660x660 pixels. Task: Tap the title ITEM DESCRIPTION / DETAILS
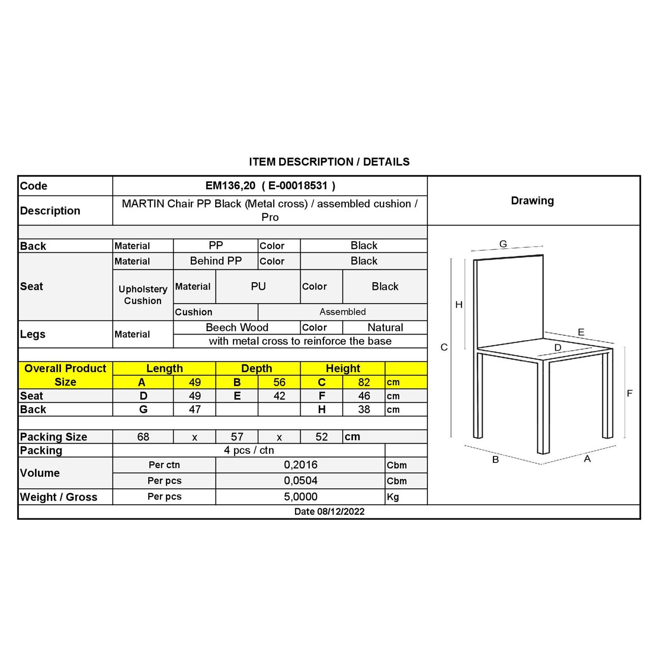click(x=329, y=162)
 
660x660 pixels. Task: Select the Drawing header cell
click(x=532, y=201)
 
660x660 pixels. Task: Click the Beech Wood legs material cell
click(x=237, y=327)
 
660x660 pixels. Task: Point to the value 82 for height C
click(x=364, y=382)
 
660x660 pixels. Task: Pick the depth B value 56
click(x=279, y=382)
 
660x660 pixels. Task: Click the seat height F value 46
click(x=364, y=396)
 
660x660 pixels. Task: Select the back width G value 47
click(x=194, y=410)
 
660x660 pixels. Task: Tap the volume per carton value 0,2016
click(x=301, y=465)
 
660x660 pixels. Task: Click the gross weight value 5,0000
click(x=301, y=497)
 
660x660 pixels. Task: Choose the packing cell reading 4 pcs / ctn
click(x=249, y=450)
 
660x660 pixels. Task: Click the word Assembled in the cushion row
click(x=342, y=312)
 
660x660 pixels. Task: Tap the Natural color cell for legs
click(x=385, y=327)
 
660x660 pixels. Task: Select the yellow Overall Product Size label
click(x=65, y=375)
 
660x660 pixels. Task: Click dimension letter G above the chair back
click(x=503, y=244)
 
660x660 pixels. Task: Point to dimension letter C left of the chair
click(x=444, y=347)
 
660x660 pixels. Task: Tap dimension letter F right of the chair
click(x=630, y=393)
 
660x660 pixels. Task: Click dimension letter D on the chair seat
click(x=557, y=348)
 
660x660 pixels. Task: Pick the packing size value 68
click(x=143, y=437)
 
